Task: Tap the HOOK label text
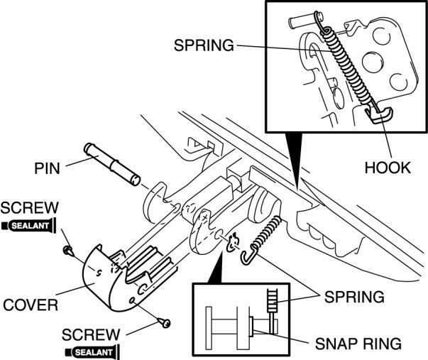coord(388,168)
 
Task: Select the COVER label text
coord(30,306)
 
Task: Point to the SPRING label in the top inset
coord(203,46)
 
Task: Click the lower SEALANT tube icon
coord(90,351)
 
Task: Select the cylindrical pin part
coord(112,162)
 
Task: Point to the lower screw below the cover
coord(166,323)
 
